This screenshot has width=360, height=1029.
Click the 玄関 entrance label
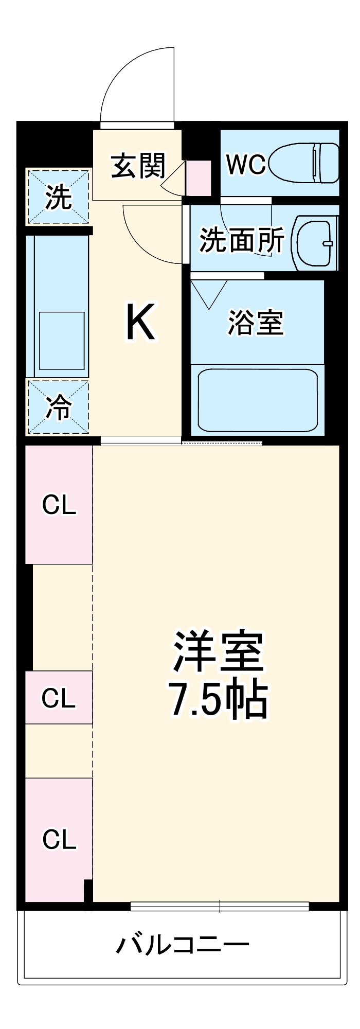tap(138, 166)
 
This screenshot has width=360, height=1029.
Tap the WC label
tap(245, 164)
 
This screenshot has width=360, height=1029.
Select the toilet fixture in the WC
tap(304, 163)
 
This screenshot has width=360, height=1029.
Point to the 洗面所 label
tap(241, 240)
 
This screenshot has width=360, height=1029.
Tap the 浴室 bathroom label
tap(256, 323)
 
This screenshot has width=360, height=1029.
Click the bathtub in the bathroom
tap(258, 400)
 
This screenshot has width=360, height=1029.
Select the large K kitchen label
tap(140, 323)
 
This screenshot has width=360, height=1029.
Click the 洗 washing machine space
tap(58, 197)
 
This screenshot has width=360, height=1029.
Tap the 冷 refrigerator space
tap(58, 407)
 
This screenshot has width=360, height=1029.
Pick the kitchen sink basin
tap(62, 341)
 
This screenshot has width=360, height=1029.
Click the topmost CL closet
tap(59, 505)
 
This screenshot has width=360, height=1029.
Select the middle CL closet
tap(59, 698)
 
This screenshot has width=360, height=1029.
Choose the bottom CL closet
tap(59, 839)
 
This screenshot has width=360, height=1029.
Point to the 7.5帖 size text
tap(218, 700)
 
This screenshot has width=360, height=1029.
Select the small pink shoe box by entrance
tap(199, 178)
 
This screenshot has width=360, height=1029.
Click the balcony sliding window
tap(220, 907)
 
